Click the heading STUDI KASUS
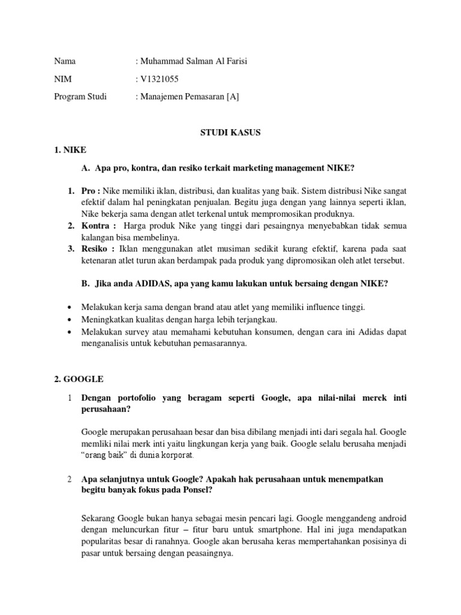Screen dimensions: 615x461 (230, 133)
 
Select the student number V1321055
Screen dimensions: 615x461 (160, 79)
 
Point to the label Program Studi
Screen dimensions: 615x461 (80, 96)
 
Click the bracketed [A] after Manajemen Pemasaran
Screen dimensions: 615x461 (232, 96)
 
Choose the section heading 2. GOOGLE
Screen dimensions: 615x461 (79, 379)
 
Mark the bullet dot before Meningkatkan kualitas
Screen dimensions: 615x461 (72, 319)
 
